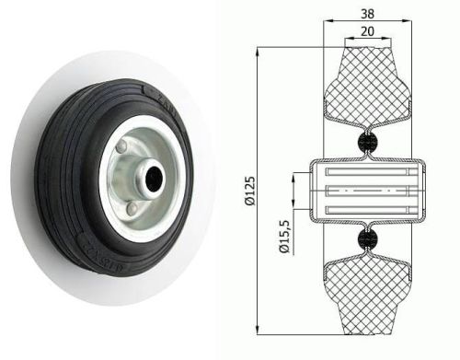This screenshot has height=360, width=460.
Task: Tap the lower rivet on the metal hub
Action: pos(134,210)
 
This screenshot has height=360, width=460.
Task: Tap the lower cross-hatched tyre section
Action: pos(366,295)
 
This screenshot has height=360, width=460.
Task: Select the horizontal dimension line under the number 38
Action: pos(366,20)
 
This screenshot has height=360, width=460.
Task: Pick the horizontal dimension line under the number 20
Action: pos(366,39)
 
